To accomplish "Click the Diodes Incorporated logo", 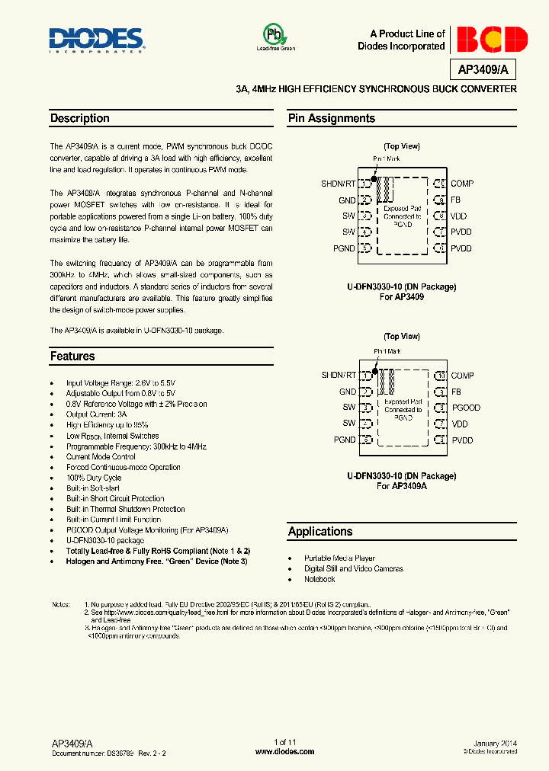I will [x=95, y=40].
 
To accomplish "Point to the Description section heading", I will [x=80, y=119].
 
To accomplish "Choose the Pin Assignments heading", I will [x=331, y=119].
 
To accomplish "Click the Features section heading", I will [x=72, y=357].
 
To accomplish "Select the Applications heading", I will [x=320, y=532].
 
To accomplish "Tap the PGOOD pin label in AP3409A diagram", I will [x=466, y=408].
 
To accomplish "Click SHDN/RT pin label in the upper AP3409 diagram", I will [x=339, y=184].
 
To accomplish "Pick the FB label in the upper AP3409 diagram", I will [x=456, y=200].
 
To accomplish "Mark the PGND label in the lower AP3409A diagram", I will [x=345, y=440].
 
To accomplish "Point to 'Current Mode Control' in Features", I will [x=102, y=456].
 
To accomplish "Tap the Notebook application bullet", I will [x=319, y=579].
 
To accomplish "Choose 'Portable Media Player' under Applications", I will [x=339, y=558].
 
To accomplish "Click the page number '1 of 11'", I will [x=284, y=742].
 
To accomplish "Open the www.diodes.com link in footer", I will [x=284, y=751].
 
